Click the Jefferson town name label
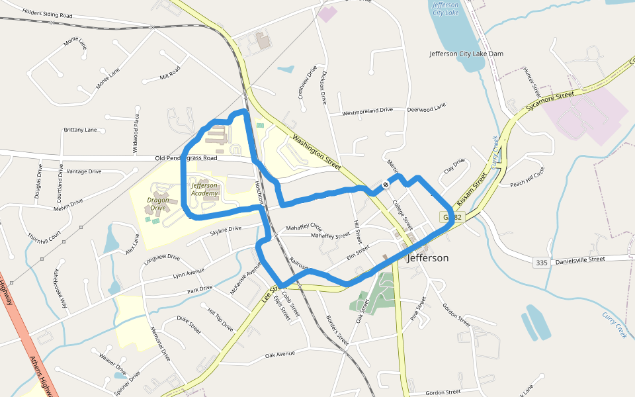pos(429,258)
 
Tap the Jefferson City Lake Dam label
pos(458,54)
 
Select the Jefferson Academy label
pos(204,189)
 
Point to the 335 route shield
pos(542,263)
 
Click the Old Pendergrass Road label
pos(186,159)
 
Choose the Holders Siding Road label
pos(47,13)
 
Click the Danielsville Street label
pos(579,260)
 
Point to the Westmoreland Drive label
pos(367,112)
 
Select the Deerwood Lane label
pos(427,107)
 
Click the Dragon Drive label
pos(157,204)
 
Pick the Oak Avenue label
pos(280,355)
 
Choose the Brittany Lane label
pos(80,130)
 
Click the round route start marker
pos(386,185)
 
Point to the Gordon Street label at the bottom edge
pos(443,392)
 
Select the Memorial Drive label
pos(161,343)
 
